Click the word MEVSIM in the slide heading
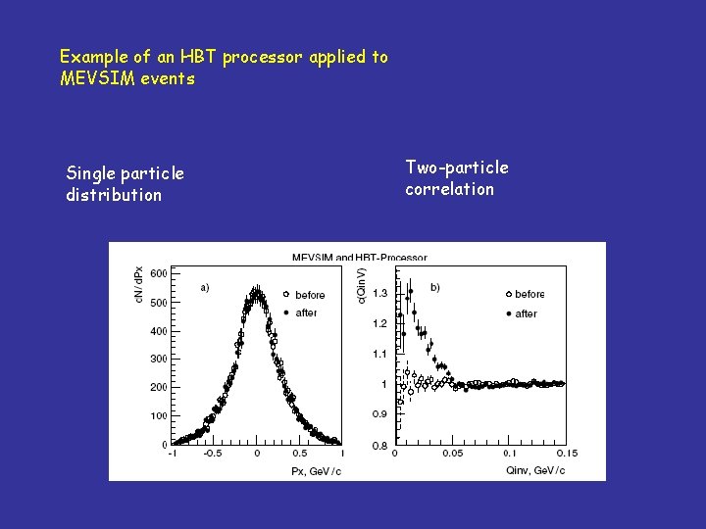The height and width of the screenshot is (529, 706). (x=93, y=78)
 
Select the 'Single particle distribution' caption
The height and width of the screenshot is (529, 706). (x=125, y=184)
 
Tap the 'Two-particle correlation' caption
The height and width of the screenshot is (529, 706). (x=457, y=178)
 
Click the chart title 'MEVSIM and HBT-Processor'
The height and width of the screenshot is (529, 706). (x=359, y=258)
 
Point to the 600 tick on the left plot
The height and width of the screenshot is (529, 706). (x=159, y=273)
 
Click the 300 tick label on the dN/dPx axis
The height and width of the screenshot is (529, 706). (x=159, y=360)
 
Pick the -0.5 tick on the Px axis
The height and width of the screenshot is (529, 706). (x=213, y=454)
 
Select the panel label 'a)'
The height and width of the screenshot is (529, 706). (x=204, y=288)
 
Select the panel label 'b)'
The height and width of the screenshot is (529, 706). (x=434, y=287)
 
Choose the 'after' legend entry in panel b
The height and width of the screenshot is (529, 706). (x=526, y=313)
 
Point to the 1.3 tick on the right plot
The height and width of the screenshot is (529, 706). (x=378, y=293)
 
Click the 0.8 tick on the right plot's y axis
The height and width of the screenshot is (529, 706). (x=378, y=445)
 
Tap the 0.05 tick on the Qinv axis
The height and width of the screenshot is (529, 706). (x=452, y=454)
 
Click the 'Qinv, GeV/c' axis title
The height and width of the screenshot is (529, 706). (x=534, y=470)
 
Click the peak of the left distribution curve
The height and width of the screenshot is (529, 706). (x=257, y=291)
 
